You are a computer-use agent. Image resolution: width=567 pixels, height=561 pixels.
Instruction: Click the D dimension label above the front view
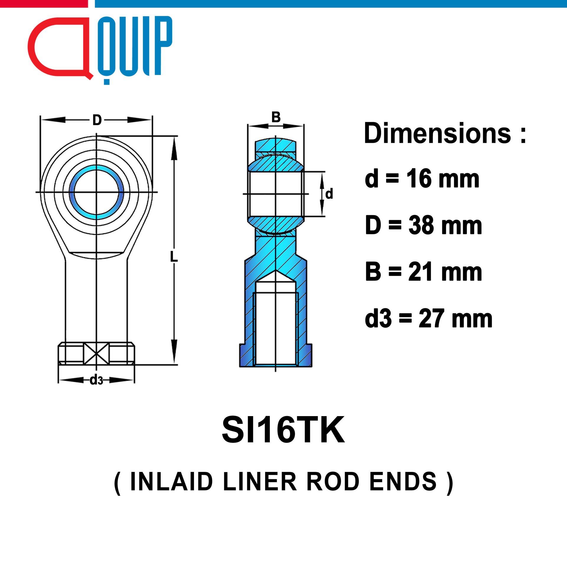97,120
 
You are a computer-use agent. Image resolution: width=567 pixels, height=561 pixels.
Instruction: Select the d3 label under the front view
97,380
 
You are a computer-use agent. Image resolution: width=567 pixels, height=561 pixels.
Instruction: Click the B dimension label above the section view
276,117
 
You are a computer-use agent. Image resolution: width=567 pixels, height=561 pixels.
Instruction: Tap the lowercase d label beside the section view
329,194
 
